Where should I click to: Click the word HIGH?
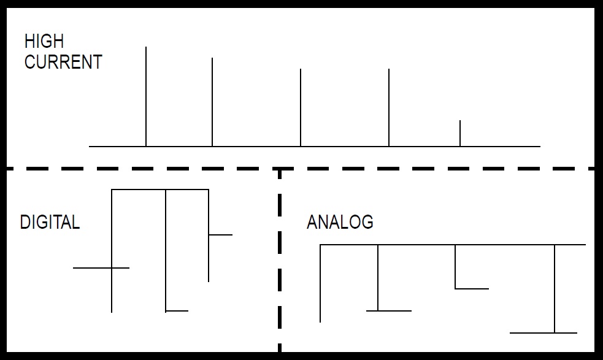[44, 42]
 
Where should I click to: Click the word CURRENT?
[63, 62]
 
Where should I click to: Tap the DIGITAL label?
[50, 222]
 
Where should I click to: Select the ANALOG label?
[340, 222]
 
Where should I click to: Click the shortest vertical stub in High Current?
[460, 133]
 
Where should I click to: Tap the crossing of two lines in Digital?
[112, 268]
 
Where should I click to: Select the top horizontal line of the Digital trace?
[159, 190]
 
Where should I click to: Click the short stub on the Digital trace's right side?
[220, 234]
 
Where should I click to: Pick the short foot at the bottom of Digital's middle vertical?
[177, 311]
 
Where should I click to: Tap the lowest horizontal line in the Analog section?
[543, 333]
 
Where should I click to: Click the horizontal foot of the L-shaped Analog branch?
[472, 288]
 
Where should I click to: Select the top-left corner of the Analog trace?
[321, 245]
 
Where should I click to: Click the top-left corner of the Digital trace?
[112, 190]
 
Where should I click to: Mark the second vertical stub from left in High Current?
[212, 102]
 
